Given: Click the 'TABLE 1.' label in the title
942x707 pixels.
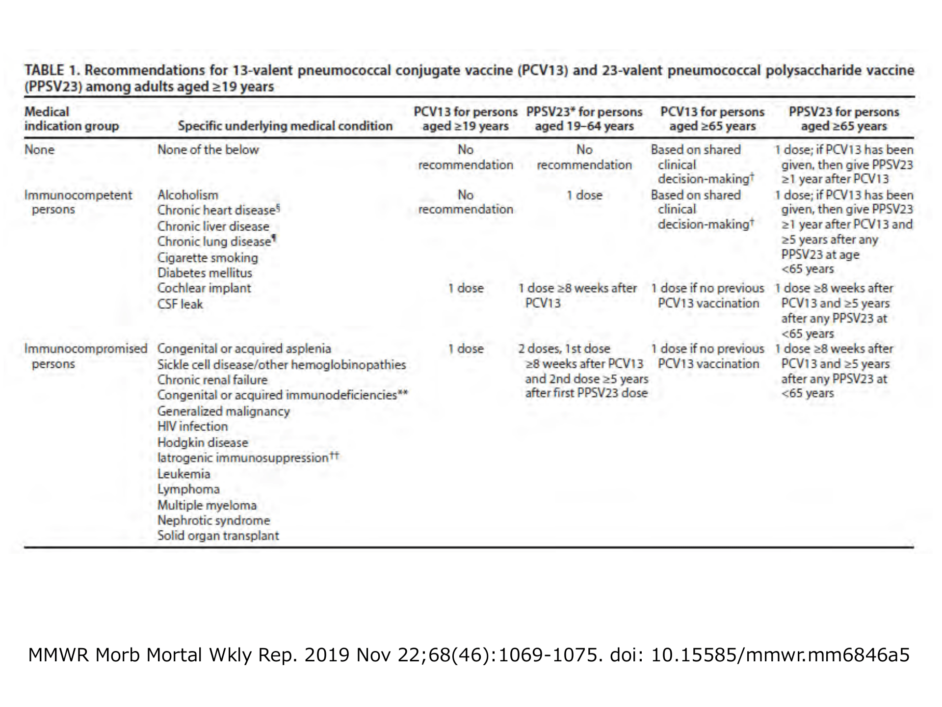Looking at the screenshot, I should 52,70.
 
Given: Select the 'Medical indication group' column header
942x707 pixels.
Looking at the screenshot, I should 72,119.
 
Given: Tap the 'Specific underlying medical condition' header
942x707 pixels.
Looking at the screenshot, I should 285,126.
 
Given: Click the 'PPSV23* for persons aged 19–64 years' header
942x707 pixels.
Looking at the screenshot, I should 584,119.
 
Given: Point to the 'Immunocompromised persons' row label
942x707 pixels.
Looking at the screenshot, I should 86,356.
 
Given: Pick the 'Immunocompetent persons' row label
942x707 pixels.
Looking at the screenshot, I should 78,202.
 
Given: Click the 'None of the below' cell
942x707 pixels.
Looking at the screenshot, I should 208,150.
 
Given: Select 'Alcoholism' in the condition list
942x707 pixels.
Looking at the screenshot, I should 188,195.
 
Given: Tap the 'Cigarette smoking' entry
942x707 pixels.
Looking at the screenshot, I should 208,257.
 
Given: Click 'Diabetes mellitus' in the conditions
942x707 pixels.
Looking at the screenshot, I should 205,272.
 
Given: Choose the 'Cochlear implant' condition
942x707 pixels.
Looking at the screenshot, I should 204,288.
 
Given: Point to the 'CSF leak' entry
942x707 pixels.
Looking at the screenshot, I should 180,304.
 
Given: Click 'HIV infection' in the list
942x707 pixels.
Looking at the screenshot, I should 192,426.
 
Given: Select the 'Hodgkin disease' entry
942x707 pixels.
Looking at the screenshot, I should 203,442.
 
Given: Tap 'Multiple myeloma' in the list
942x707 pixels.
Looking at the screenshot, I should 207,505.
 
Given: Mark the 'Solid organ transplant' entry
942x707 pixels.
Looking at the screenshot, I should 218,535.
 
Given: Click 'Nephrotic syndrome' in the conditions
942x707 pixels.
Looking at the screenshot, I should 213,520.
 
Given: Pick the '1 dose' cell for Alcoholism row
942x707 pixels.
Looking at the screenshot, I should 584,195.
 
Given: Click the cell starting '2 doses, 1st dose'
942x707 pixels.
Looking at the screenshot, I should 583,371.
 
